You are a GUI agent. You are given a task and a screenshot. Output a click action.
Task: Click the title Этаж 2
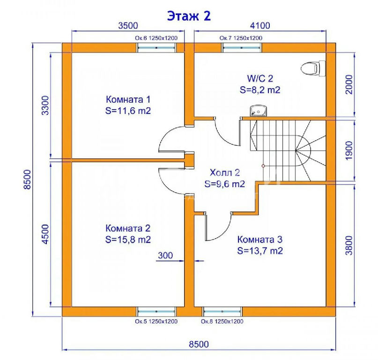coord(189,16)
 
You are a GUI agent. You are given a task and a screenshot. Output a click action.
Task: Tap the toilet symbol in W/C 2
coord(313,68)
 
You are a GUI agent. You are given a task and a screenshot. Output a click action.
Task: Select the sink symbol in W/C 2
coord(258,111)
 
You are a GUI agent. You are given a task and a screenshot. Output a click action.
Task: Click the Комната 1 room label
coord(128,99)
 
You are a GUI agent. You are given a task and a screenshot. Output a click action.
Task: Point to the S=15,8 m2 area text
coord(128,240)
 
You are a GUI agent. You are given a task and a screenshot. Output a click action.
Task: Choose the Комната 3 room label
coord(259,240)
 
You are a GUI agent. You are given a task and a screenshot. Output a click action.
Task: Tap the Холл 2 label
coord(225,172)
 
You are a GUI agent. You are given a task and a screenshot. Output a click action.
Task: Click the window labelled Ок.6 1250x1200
coord(156,48)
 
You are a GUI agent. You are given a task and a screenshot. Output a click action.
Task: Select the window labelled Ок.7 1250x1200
coord(242,48)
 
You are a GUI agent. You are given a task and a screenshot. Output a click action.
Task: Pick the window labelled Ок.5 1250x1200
coord(156,312)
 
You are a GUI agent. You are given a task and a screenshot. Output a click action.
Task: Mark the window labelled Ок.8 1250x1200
coord(222,312)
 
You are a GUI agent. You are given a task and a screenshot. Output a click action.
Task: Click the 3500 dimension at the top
coord(128,25)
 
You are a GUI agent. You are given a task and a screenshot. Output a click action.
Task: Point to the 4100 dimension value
coord(260,25)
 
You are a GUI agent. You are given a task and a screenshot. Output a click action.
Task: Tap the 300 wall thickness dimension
coord(165,255)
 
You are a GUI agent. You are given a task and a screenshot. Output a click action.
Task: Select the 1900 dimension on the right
coord(349,150)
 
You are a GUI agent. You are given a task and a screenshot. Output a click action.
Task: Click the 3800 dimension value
coord(349,245)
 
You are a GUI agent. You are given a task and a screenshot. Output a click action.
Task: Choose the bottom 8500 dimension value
coord(199,344)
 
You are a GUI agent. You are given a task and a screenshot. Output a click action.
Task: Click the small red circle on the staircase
coord(263,166)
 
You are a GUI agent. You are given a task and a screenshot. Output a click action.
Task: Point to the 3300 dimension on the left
coord(45,105)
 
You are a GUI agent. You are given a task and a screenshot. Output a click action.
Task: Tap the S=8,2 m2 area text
coord(260,90)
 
